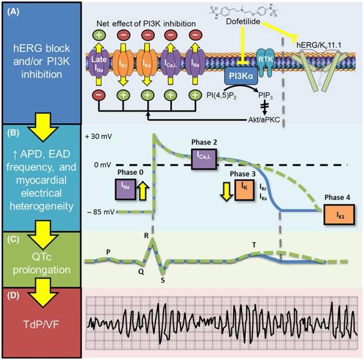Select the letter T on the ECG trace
tap(254, 245)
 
